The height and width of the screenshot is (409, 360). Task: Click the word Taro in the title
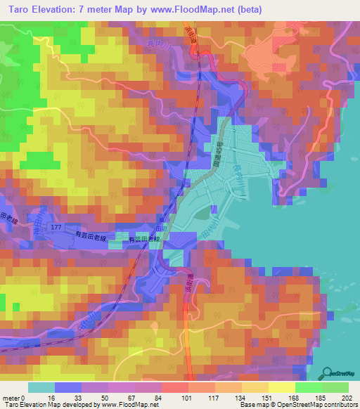click(x=21, y=10)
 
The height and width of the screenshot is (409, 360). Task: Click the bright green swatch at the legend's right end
click(x=335, y=387)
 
